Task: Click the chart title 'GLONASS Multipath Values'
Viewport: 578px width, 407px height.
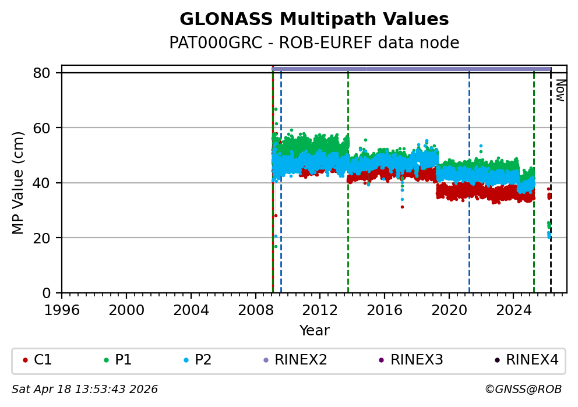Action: click(314, 20)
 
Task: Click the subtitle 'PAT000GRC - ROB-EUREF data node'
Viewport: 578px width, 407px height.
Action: click(314, 43)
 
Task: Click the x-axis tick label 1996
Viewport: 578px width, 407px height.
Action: click(62, 310)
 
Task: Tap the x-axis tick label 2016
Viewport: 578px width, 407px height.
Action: click(385, 310)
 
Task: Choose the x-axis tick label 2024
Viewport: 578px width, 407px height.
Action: click(513, 310)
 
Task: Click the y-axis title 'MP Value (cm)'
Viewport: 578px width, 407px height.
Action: click(19, 183)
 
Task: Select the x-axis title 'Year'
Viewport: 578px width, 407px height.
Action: click(314, 331)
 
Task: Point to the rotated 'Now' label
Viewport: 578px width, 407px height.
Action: click(559, 90)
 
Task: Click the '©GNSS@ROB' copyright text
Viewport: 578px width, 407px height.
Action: click(523, 390)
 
